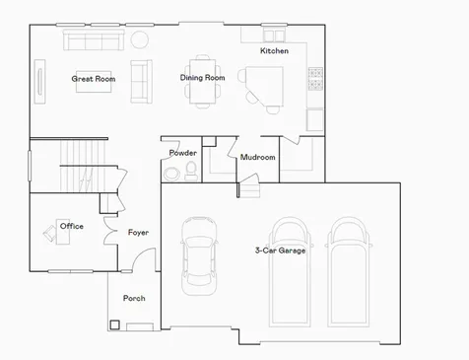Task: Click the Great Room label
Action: [94, 79]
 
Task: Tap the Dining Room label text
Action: [202, 78]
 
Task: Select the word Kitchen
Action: [274, 50]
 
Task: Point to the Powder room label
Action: [183, 153]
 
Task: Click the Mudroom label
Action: [258, 157]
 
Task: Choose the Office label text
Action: [72, 226]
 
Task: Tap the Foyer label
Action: [138, 233]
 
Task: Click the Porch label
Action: [134, 298]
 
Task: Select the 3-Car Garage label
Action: [280, 251]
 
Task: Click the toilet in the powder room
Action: [191, 171]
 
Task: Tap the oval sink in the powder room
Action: [172, 174]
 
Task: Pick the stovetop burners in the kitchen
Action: [315, 79]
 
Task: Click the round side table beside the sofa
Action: [140, 39]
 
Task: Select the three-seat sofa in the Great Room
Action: [94, 39]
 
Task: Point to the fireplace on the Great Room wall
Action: [39, 81]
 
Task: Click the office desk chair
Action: [49, 233]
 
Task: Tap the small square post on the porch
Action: [114, 324]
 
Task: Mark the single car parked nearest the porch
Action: [199, 255]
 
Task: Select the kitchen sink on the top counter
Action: [274, 35]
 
